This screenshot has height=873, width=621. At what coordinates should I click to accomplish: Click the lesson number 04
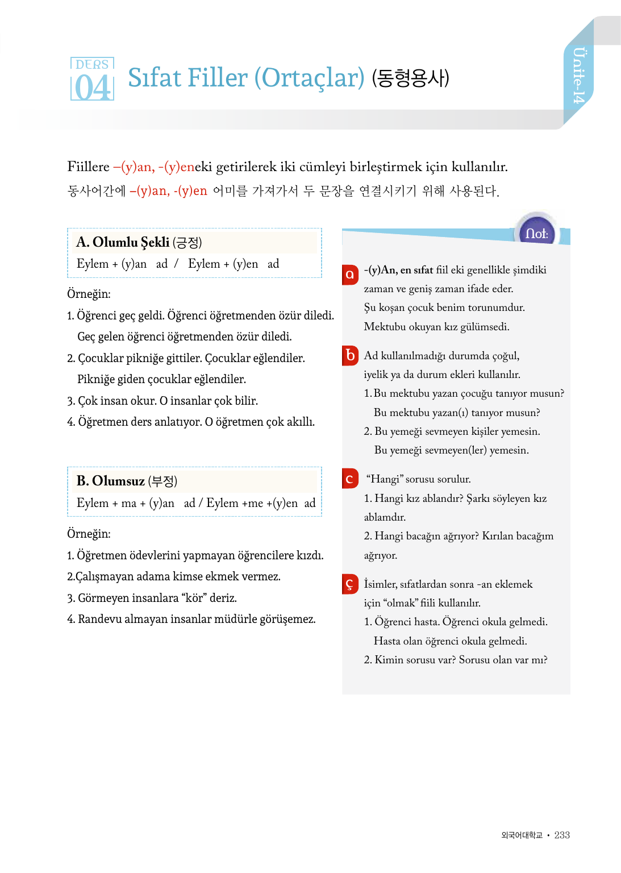[92, 88]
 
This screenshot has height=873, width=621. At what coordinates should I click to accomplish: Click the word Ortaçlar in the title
[309, 78]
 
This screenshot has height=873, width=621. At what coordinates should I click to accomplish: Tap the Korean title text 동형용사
[410, 78]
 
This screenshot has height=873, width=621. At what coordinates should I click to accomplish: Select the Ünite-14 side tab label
[578, 76]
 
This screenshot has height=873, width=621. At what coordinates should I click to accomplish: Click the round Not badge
[536, 233]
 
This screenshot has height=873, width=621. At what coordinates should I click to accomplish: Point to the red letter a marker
[350, 275]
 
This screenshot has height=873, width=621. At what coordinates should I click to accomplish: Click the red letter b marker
[350, 355]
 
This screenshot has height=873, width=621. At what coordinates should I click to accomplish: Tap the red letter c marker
[350, 479]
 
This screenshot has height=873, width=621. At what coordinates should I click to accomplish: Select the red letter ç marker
[350, 584]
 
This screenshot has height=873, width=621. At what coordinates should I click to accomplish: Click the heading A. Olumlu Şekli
[123, 242]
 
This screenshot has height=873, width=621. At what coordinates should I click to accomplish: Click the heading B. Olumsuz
[111, 481]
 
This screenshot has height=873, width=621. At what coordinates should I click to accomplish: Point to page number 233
[562, 835]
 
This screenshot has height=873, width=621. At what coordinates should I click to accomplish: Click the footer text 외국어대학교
[522, 835]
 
